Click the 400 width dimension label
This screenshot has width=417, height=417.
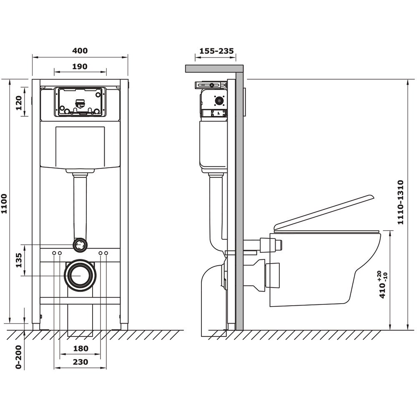(x=80, y=50)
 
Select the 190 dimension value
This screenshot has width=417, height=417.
(x=80, y=66)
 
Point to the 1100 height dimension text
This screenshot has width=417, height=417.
(x=4, y=204)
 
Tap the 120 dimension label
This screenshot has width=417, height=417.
(x=19, y=103)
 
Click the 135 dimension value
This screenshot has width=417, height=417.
(x=19, y=260)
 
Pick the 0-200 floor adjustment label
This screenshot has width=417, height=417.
(x=18, y=357)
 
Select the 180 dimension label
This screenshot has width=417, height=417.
(x=80, y=348)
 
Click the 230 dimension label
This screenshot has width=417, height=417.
(x=80, y=362)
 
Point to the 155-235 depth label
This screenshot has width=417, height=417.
(x=216, y=50)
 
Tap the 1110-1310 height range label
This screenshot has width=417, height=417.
(x=400, y=202)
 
